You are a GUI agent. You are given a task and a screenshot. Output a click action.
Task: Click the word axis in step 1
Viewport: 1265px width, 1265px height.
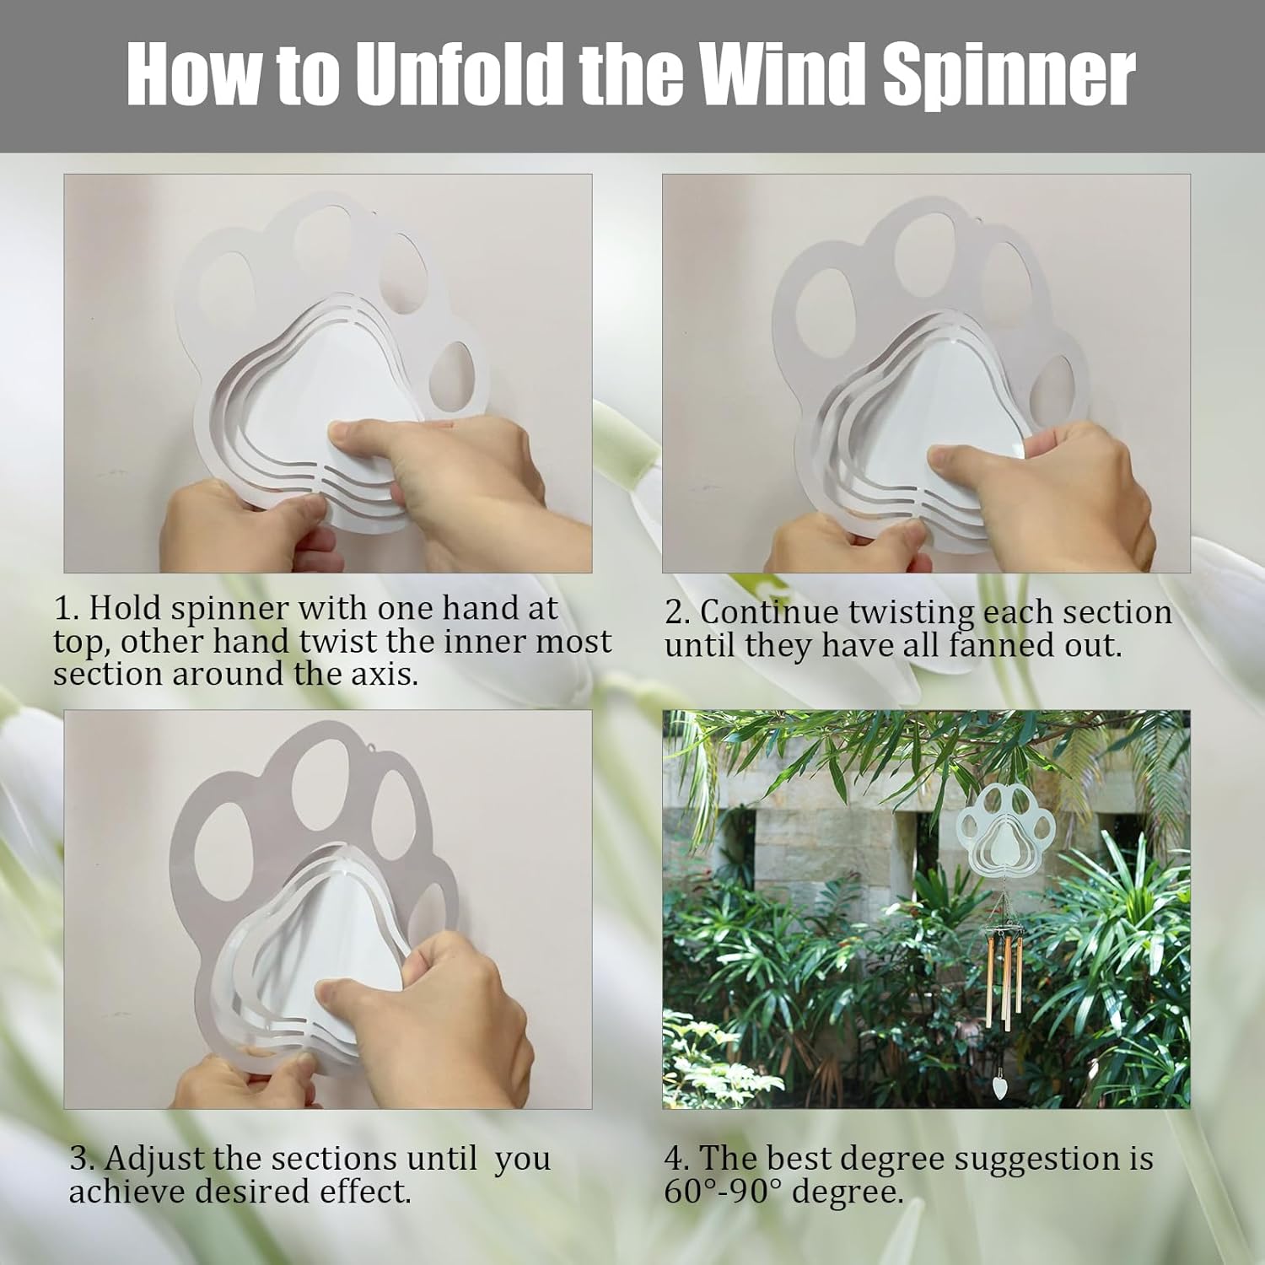376,674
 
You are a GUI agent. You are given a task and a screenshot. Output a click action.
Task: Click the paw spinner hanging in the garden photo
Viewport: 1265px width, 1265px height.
1008,836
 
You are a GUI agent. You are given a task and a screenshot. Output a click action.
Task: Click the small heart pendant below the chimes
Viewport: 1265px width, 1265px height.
1000,1080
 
